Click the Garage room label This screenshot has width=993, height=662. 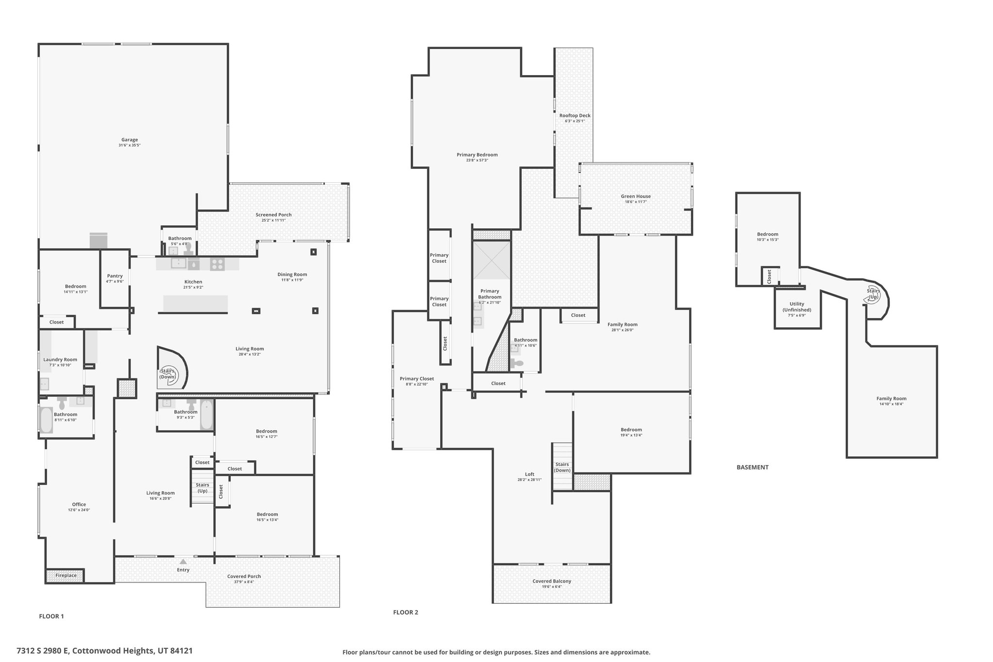(x=129, y=140)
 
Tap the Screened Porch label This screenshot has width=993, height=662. (x=273, y=215)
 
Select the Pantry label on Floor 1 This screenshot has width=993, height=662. (x=115, y=276)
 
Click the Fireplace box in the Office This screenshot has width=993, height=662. (x=65, y=576)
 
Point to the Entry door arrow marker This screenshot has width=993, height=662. (x=183, y=561)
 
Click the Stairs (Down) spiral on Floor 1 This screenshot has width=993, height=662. (x=168, y=374)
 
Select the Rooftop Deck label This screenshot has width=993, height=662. (x=575, y=115)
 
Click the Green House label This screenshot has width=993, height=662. (x=636, y=196)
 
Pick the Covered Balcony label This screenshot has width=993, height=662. (x=552, y=581)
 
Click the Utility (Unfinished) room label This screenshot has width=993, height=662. (x=797, y=307)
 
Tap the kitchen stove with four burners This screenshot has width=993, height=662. (x=217, y=264)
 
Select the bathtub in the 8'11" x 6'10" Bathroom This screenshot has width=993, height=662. (x=46, y=420)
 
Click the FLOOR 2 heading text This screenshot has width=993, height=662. (x=405, y=612)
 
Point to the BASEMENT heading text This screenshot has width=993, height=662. (x=753, y=468)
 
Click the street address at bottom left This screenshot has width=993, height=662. (x=105, y=651)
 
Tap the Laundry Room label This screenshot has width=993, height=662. (x=60, y=360)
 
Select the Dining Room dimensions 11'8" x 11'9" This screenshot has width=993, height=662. (x=292, y=280)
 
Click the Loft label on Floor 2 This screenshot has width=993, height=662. (x=529, y=474)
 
